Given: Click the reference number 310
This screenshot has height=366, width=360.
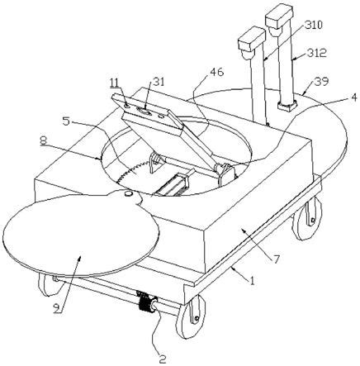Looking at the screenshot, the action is pyautogui.click(x=312, y=26).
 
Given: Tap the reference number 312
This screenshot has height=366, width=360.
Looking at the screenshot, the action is pyautogui.click(x=317, y=53).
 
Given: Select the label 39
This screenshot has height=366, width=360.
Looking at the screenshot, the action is pyautogui.click(x=321, y=82).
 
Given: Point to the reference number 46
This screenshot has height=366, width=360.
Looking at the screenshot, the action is pyautogui.click(x=217, y=72).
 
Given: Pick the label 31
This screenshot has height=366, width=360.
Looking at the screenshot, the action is pyautogui.click(x=158, y=82).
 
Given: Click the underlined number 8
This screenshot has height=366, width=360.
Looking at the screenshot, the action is pyautogui.click(x=43, y=140).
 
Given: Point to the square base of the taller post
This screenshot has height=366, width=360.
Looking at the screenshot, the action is pyautogui.click(x=287, y=106).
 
